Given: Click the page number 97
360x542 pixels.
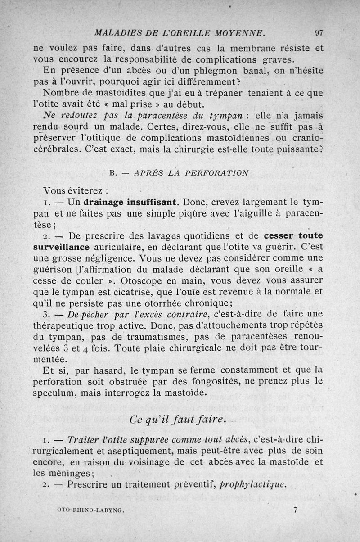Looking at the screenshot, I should tap(319, 33).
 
